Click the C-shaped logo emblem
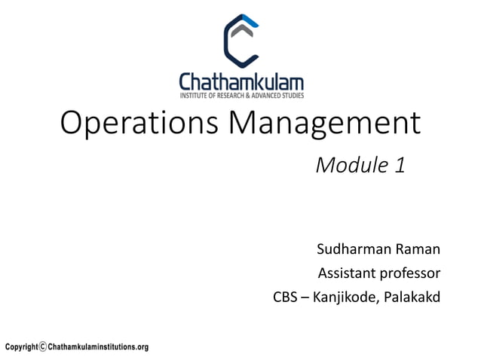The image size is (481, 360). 240,41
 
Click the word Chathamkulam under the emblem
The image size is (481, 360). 240,81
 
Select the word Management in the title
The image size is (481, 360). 325,124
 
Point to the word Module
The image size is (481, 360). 351,165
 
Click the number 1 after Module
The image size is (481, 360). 400,165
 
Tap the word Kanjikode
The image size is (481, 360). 346,297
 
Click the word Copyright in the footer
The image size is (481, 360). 21,347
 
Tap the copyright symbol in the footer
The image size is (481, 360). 43,347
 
